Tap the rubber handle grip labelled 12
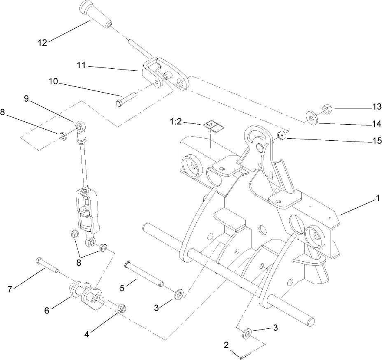tap(96, 16)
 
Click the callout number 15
tap(376, 141)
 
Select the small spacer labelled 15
tap(282, 135)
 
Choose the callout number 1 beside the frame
tap(377, 198)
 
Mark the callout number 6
tap(47, 310)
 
